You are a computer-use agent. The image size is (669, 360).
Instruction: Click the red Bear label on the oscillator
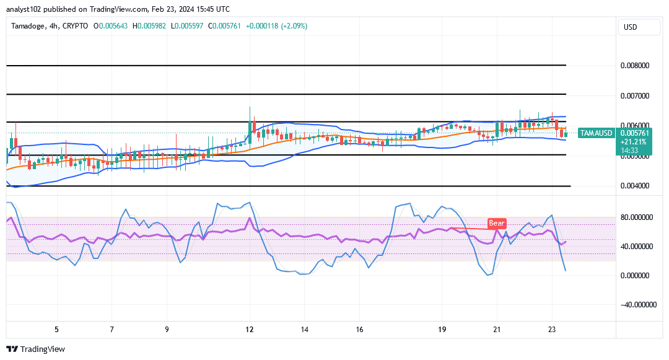tap(496, 223)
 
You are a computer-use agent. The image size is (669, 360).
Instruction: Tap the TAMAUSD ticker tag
tap(596, 133)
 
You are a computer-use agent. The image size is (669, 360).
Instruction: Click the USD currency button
tap(631, 27)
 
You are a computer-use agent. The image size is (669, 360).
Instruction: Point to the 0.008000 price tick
tap(634, 65)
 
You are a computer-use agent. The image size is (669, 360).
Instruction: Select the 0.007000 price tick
tap(634, 96)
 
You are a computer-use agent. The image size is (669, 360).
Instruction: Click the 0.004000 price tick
tap(634, 186)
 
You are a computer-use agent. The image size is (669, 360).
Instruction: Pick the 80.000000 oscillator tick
tap(638, 217)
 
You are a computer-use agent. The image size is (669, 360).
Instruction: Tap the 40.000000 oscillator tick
tap(638, 247)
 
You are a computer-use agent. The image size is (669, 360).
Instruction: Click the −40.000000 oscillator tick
tap(636, 304)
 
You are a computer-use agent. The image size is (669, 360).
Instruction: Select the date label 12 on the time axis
tap(250, 330)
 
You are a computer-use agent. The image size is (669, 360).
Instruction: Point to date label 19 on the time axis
tap(442, 330)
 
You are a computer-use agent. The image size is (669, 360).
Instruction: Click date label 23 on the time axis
tap(553, 330)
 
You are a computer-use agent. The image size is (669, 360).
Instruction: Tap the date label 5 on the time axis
tap(56, 330)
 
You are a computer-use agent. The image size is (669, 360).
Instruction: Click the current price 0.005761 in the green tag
tap(634, 133)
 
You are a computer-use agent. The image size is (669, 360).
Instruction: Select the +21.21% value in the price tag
tap(634, 141)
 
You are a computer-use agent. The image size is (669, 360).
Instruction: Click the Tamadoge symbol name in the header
tap(30, 26)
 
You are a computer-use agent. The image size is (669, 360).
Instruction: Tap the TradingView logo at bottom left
tap(35, 349)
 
